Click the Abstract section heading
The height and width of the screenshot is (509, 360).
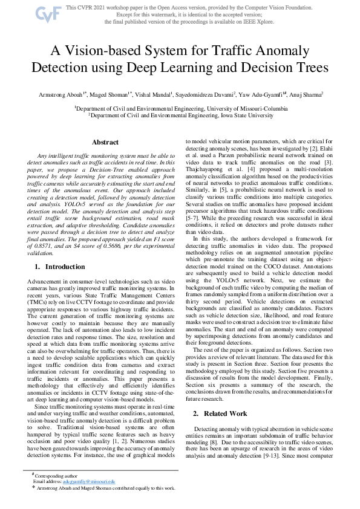105,143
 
